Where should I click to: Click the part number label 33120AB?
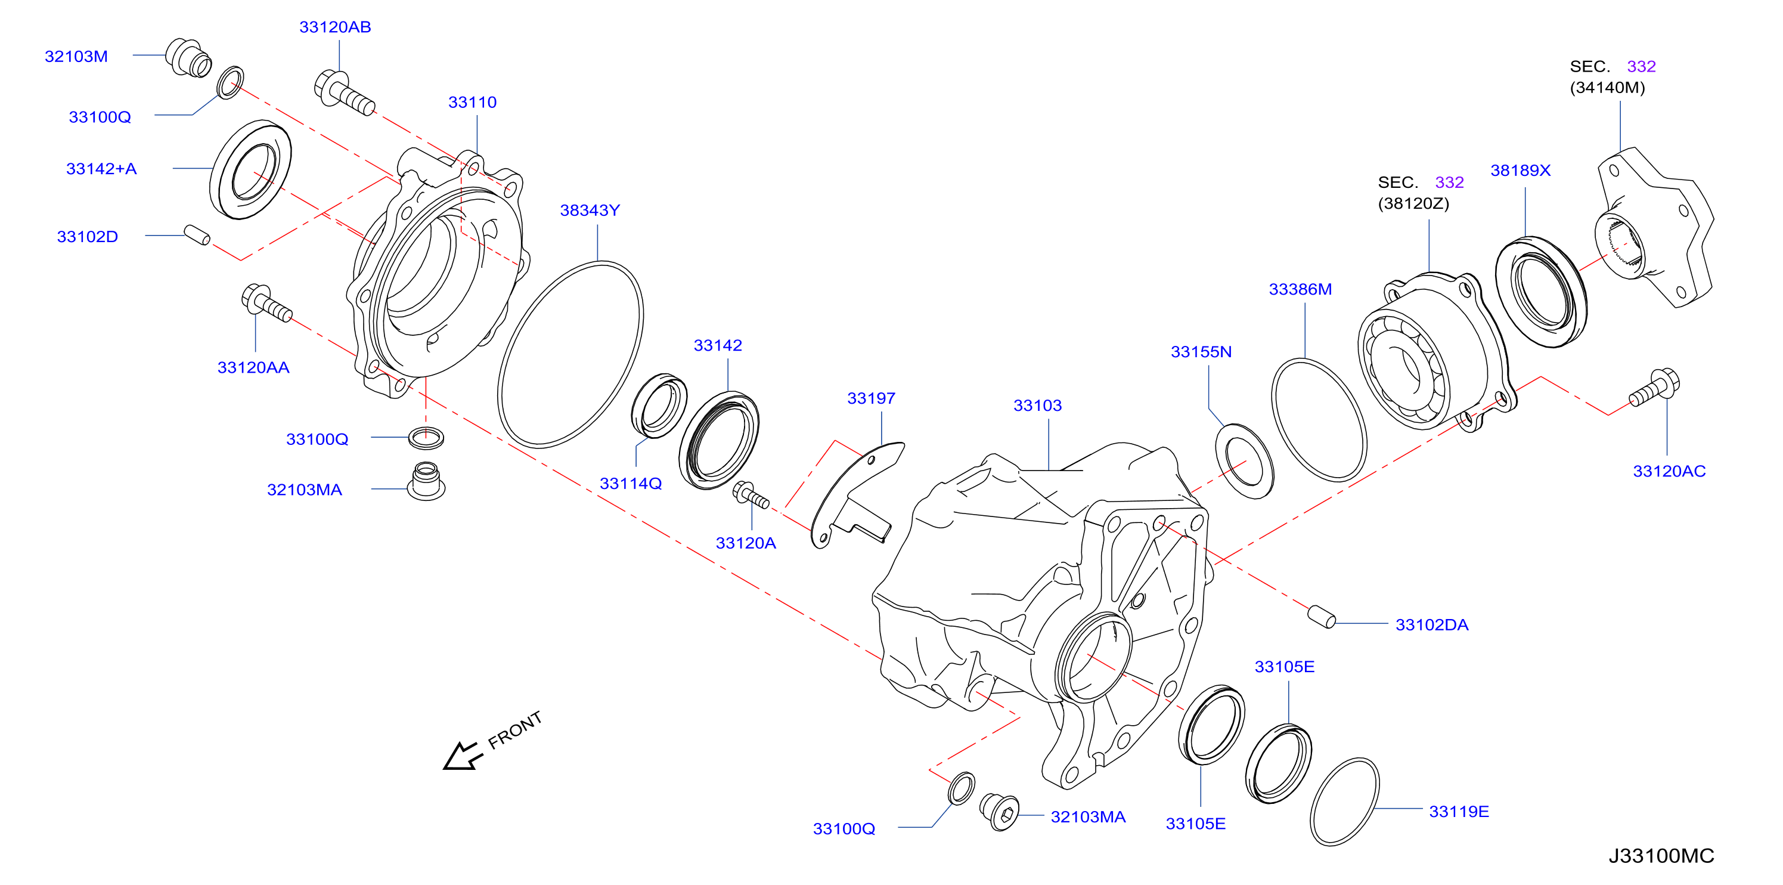click(x=335, y=27)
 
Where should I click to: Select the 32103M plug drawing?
click(x=188, y=58)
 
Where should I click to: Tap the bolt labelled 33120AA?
click(x=266, y=304)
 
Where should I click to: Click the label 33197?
click(x=871, y=398)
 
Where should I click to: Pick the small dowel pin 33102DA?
click(x=1322, y=616)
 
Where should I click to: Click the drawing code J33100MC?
click(x=1661, y=856)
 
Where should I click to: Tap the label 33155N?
click(x=1201, y=352)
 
